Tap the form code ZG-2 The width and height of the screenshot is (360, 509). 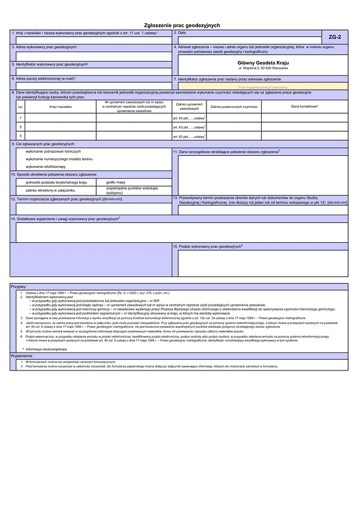coord(335,38)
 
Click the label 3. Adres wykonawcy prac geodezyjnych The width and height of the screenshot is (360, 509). coord(45,46)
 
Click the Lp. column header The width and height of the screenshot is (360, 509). coord(20,106)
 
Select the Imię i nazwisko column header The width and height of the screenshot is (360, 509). coord(60,106)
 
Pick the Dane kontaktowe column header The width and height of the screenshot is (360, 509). coord(305,106)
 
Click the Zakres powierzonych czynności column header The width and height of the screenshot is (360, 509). coord(233,106)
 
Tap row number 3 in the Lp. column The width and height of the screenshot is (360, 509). coord(20,136)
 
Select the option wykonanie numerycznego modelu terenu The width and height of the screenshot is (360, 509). coord(59,159)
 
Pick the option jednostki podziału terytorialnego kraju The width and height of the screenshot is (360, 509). coord(57,181)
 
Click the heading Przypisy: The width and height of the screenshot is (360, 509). coord(19,287)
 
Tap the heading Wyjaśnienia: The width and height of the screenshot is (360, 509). coord(23,355)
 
